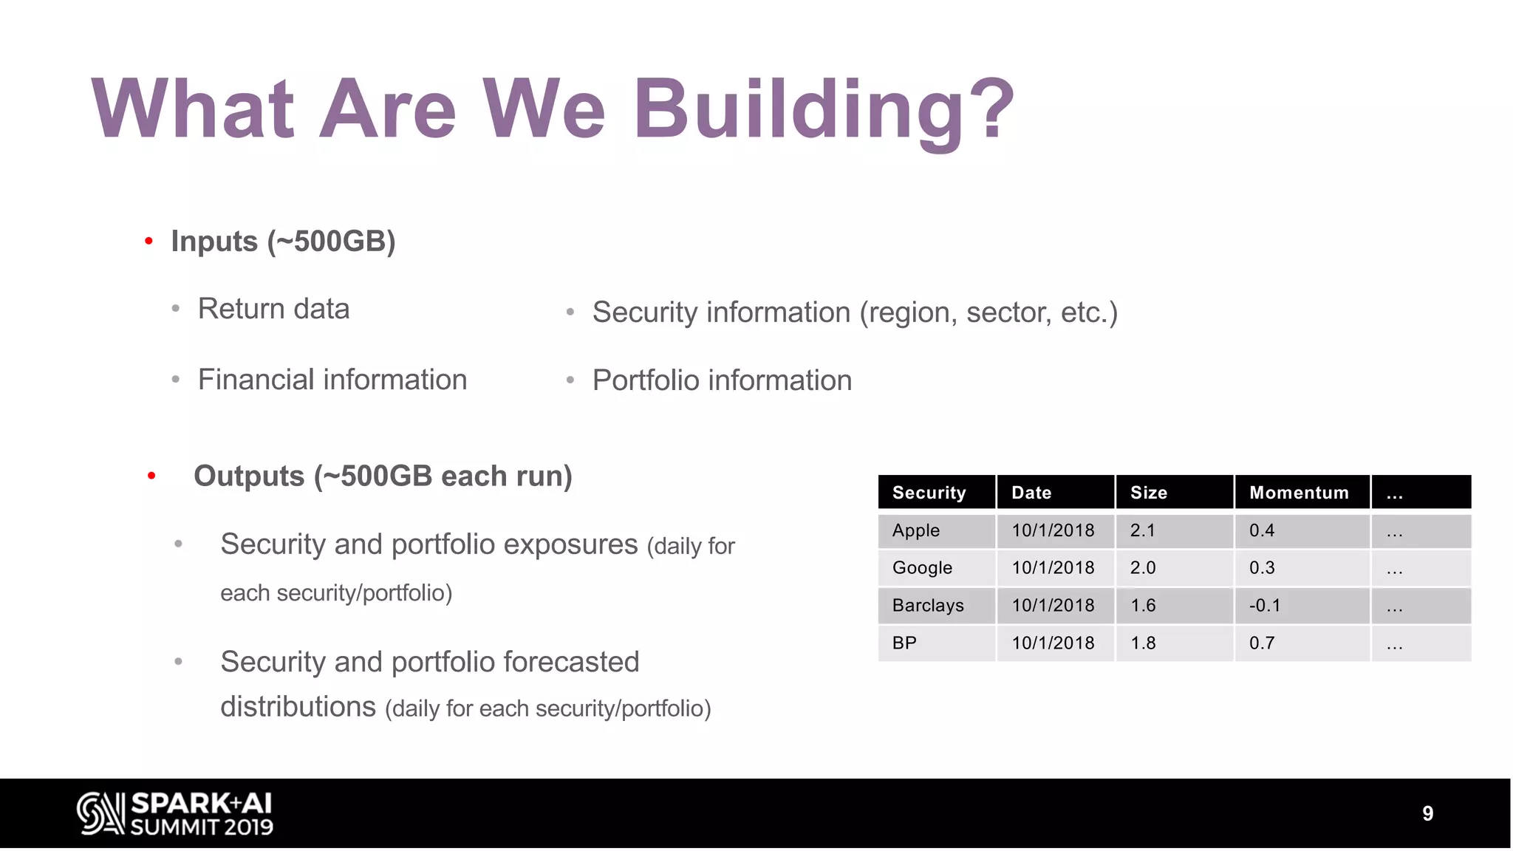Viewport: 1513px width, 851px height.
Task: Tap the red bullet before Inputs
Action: click(149, 241)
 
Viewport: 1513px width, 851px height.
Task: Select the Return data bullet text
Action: click(273, 309)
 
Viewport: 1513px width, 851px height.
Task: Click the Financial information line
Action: click(332, 380)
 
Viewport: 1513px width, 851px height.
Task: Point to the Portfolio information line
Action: click(722, 380)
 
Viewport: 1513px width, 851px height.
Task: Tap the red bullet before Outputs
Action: click(151, 476)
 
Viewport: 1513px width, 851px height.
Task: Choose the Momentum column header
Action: click(1299, 493)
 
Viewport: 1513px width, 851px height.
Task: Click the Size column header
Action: click(1149, 493)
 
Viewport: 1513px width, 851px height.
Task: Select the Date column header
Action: click(1031, 493)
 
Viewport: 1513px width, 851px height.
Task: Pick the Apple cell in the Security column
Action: click(916, 530)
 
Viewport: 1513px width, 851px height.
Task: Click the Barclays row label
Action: click(928, 606)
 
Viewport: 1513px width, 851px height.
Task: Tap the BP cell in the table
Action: click(904, 643)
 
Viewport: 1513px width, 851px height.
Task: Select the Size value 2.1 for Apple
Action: click(1143, 530)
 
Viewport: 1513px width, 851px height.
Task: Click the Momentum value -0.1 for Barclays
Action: click(1265, 606)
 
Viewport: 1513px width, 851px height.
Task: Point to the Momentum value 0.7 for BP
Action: click(1262, 643)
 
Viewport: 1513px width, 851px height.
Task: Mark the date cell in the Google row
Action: click(1053, 568)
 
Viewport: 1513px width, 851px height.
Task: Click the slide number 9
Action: click(1427, 813)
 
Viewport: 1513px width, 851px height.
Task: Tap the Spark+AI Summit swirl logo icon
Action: click(100, 813)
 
